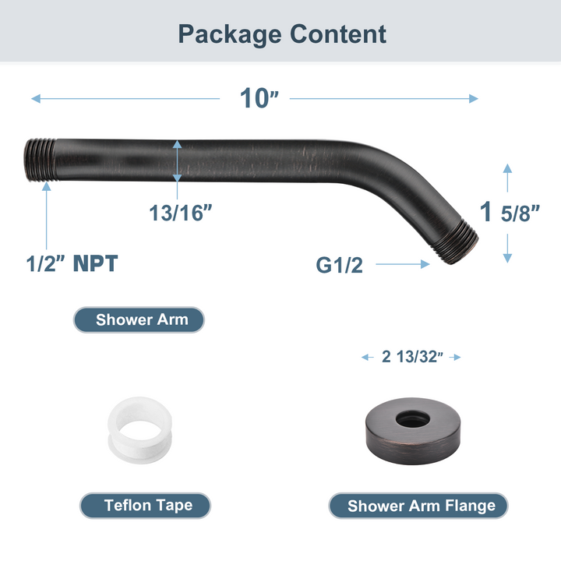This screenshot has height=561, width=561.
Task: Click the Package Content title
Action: click(x=281, y=34)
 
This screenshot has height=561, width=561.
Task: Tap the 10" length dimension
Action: click(x=259, y=98)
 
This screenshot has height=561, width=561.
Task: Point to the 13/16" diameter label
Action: click(x=181, y=212)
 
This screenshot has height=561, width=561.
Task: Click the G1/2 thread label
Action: click(x=339, y=265)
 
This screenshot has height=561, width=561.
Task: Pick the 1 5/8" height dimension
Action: click(x=510, y=212)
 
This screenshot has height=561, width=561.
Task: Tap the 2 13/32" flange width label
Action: click(x=412, y=357)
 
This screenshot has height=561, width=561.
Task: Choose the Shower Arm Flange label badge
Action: click(x=421, y=505)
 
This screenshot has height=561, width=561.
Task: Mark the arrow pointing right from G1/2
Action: click(x=403, y=265)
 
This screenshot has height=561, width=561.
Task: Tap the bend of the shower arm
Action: click(x=405, y=168)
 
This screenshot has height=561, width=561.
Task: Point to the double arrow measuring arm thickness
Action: click(x=178, y=161)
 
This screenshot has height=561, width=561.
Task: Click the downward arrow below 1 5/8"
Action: click(x=507, y=249)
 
